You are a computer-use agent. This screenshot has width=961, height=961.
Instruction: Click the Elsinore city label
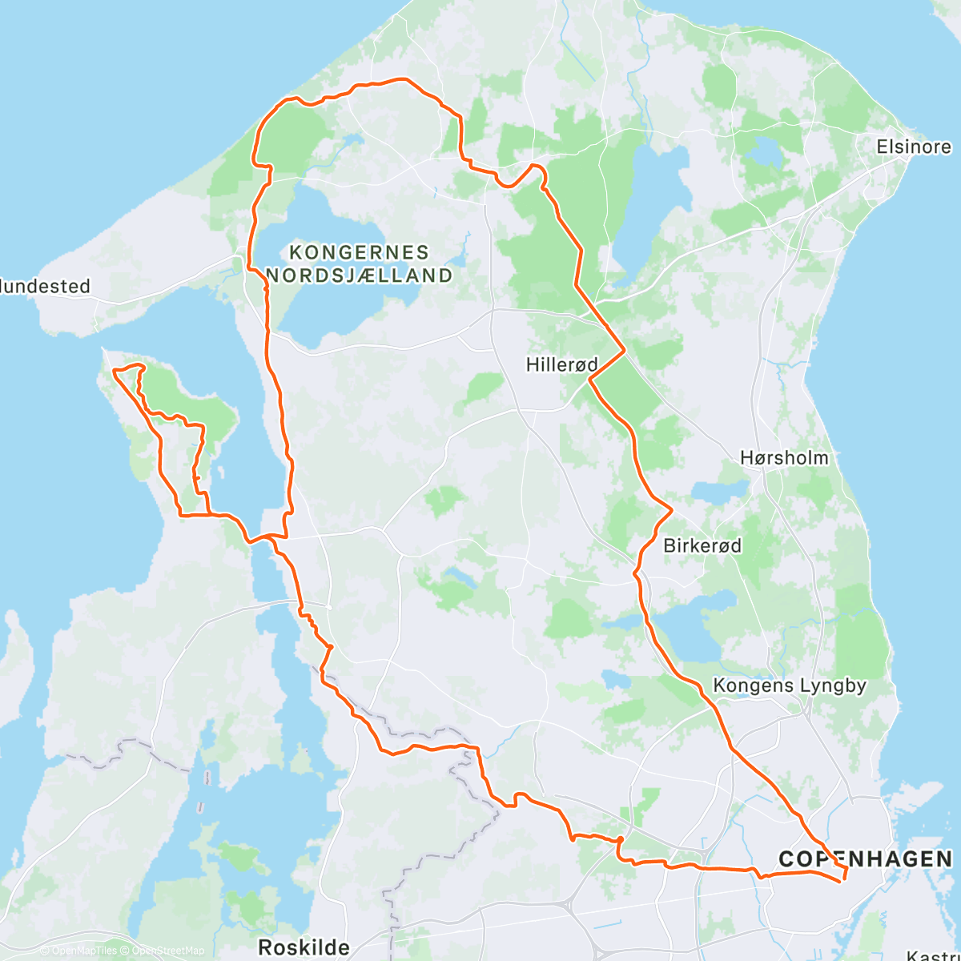914,147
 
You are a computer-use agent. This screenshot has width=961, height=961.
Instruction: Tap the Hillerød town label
561,365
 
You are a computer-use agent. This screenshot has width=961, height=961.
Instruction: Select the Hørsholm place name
784,458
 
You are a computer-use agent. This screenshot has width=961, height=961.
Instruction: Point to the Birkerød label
702,546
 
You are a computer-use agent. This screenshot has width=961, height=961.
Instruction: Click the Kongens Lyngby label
790,686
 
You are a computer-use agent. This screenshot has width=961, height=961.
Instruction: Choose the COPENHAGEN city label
866,859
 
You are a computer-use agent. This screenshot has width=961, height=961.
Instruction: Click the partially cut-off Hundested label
45,287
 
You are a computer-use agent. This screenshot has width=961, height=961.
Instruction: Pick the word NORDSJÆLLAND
359,275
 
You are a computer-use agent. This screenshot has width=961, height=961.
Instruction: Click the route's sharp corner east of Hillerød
624,349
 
